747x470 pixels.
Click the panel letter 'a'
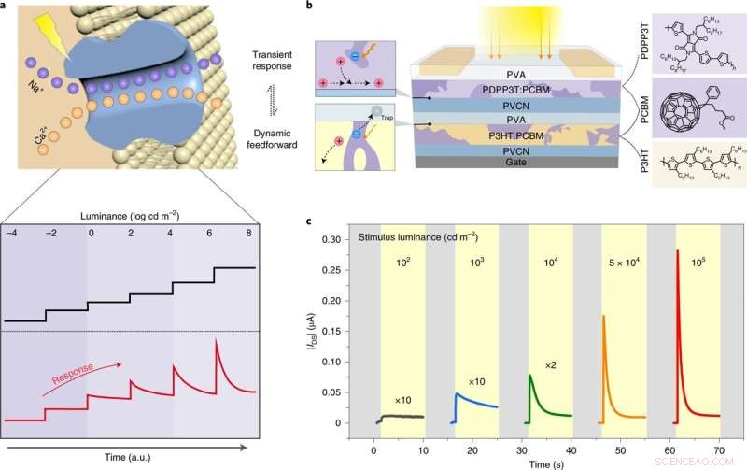coord(7,7)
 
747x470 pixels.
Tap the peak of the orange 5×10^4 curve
coord(603,316)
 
